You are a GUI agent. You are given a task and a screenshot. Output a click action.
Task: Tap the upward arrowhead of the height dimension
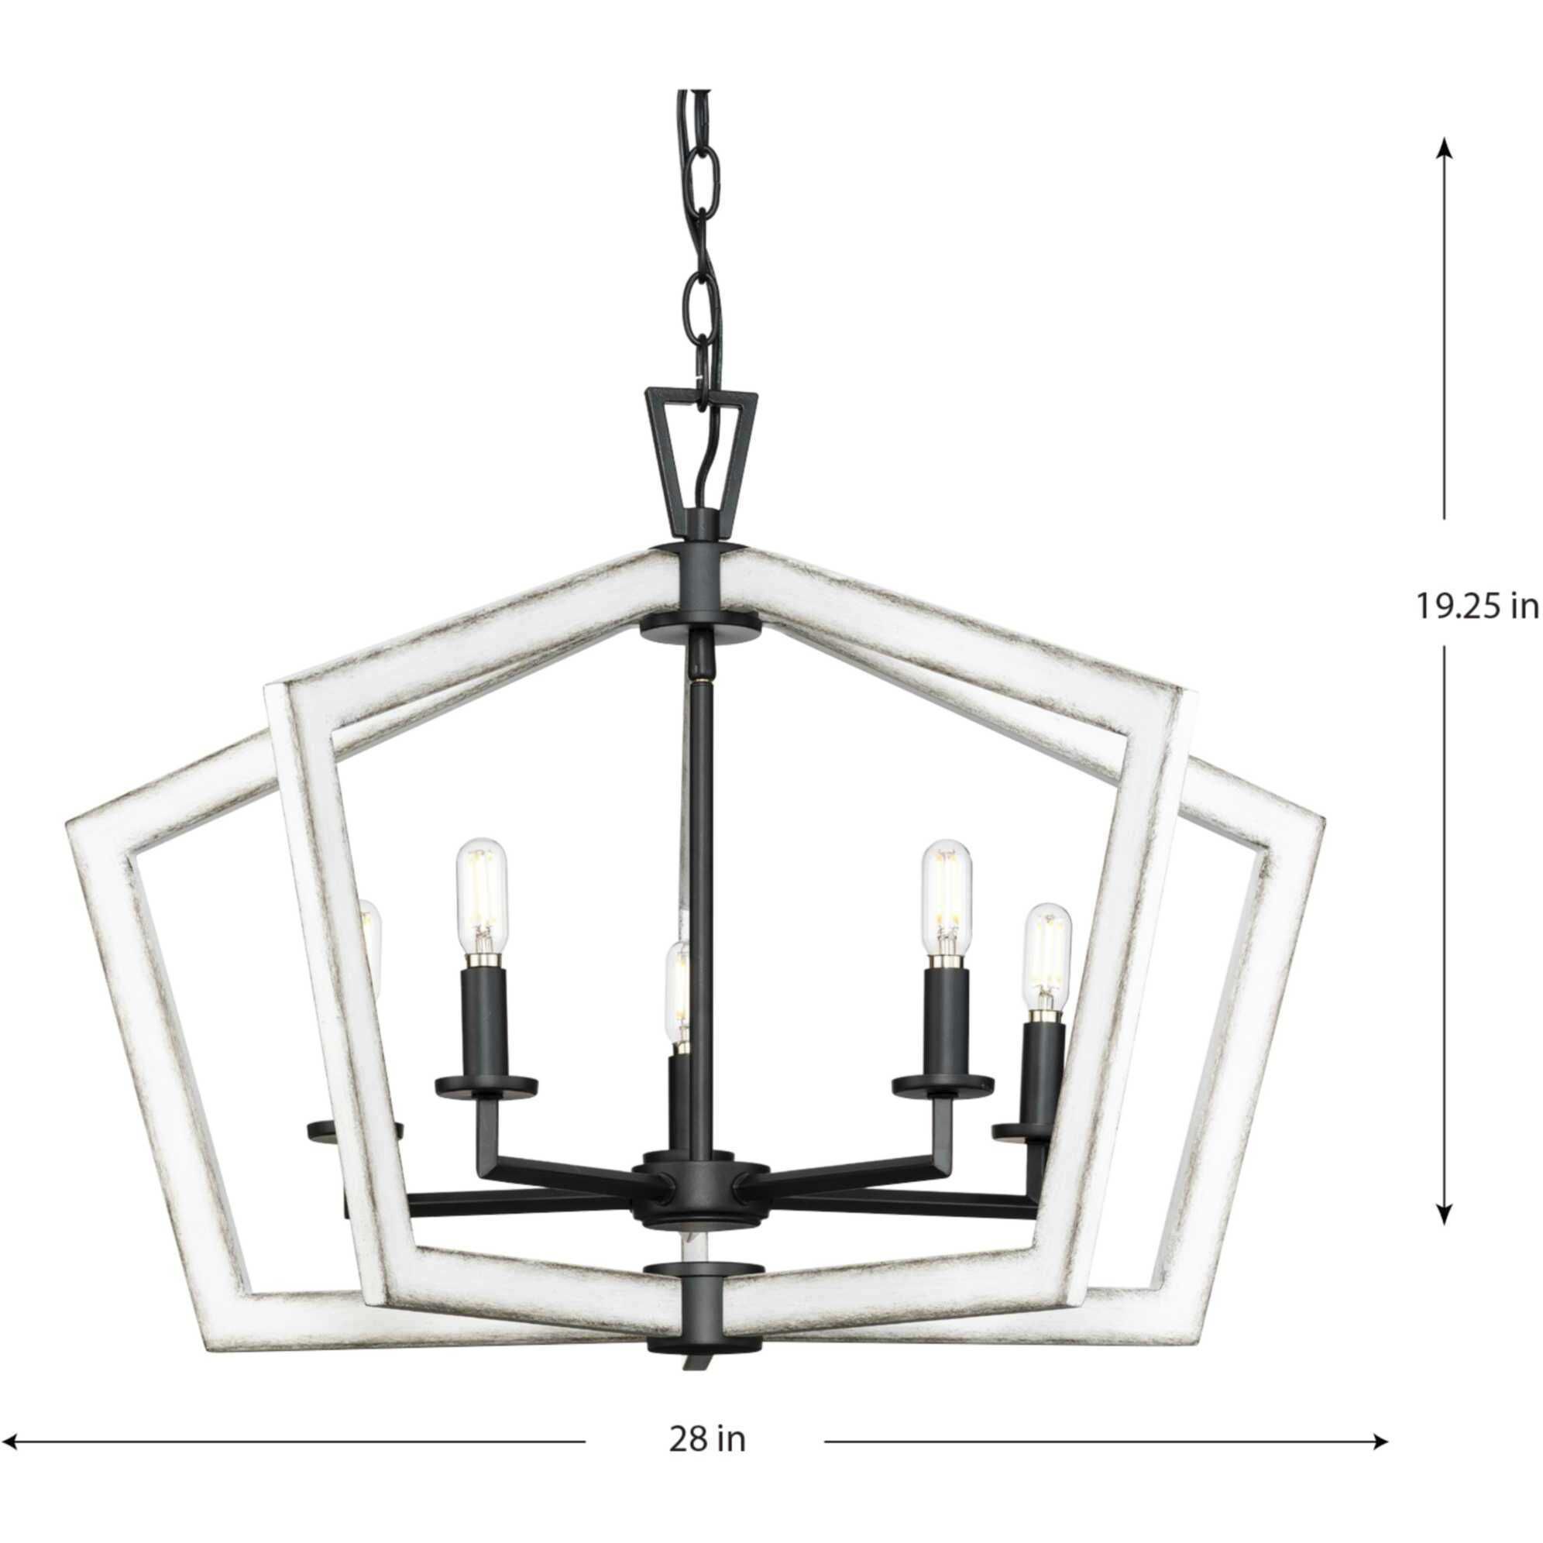click(1443, 170)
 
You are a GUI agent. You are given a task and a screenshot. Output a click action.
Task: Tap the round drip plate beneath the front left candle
click(486, 1086)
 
